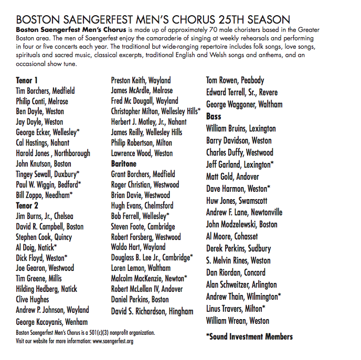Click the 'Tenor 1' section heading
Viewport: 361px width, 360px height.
[x=27, y=81]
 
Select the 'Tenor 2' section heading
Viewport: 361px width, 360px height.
[x=27, y=206]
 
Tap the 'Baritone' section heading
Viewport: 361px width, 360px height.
[x=124, y=164]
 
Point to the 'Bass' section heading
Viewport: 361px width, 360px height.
[x=214, y=116]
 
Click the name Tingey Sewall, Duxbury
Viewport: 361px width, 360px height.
[x=48, y=173]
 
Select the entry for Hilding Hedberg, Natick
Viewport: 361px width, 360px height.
[x=47, y=289]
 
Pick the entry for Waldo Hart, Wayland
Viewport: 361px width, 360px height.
[x=139, y=247]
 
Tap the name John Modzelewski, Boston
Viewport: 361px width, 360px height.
[x=242, y=224]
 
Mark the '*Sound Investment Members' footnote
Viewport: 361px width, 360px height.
[x=249, y=336]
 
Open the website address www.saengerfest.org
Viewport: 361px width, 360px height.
[x=113, y=342]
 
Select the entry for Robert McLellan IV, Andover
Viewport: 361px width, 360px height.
[x=147, y=289]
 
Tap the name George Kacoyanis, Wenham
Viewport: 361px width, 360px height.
[x=52, y=322]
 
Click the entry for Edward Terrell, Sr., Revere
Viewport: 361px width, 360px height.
[x=242, y=92]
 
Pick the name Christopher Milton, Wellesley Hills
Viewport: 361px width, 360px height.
[x=155, y=112]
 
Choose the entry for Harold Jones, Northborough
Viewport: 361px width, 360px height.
[x=53, y=153]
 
